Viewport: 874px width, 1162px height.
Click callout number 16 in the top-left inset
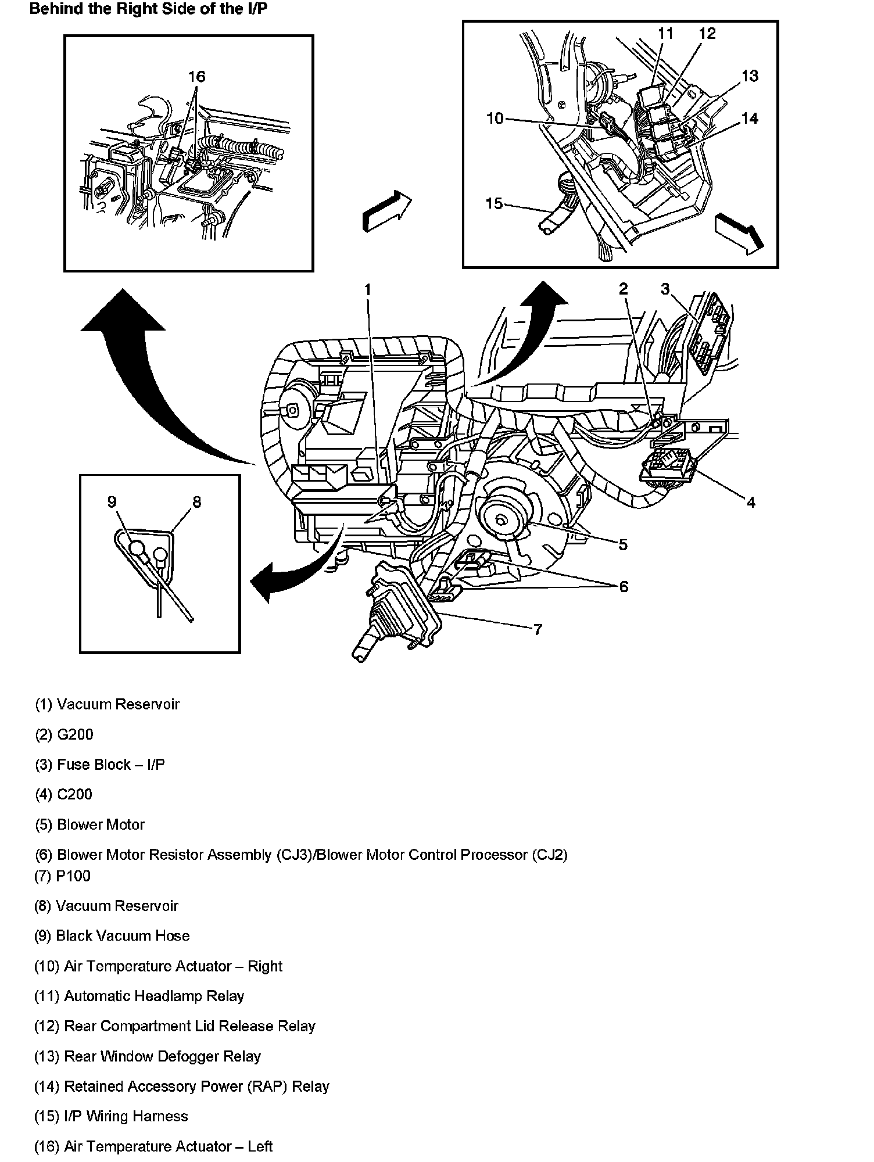[x=196, y=77]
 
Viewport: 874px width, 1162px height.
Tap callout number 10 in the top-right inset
[x=495, y=119]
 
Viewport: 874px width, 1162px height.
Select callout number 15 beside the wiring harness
[x=493, y=204]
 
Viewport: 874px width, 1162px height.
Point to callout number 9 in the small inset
[x=112, y=502]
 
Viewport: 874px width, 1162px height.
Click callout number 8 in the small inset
[x=196, y=502]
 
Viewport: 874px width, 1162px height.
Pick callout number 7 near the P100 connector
[x=538, y=629]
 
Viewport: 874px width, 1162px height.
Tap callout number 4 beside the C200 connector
[x=751, y=502]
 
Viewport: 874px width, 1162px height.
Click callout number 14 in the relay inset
[x=750, y=119]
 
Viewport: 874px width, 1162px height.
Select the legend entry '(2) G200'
[x=64, y=734]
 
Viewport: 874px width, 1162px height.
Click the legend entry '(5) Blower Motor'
[x=89, y=824]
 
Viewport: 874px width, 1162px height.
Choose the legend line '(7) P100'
[x=63, y=876]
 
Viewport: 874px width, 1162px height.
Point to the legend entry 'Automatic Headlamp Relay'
[x=139, y=996]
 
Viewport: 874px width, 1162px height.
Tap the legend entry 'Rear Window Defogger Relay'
[x=148, y=1056]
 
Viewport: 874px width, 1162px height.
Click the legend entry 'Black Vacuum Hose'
[x=112, y=935]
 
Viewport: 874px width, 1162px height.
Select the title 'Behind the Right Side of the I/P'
[x=148, y=10]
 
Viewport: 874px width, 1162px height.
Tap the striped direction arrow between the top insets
[x=385, y=211]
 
